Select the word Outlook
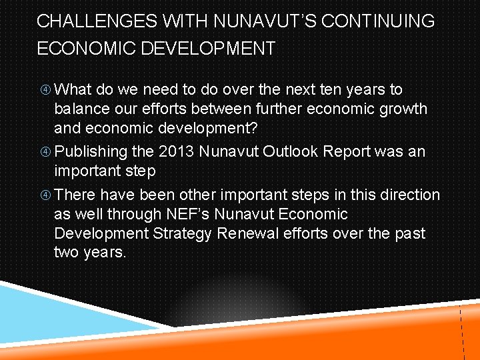(x=291, y=151)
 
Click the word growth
(x=404, y=109)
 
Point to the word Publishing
(x=90, y=152)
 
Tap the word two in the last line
(x=68, y=253)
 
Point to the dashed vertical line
(x=461, y=333)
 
